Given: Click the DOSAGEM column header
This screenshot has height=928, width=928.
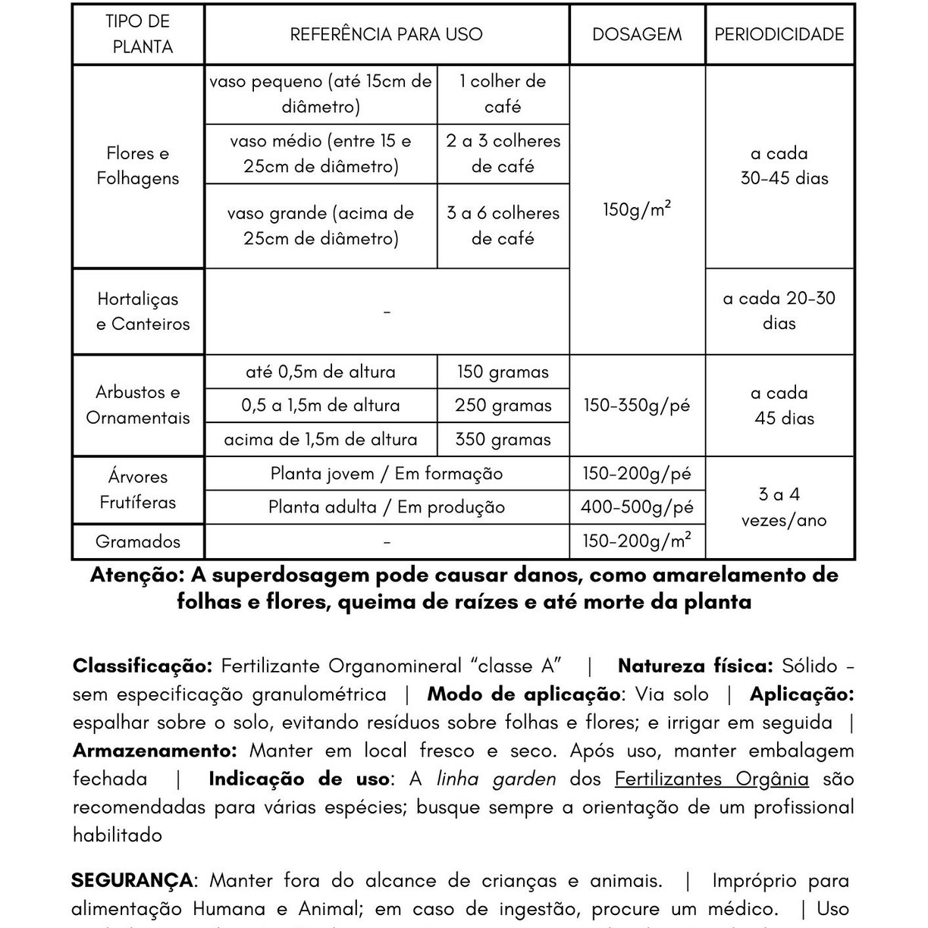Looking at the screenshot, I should coord(637,34).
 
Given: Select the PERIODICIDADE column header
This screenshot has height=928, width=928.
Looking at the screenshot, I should coord(779,34).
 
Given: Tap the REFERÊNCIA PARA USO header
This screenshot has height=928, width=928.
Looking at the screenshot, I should coord(386,34).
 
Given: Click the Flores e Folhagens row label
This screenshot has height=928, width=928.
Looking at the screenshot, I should coord(138,166).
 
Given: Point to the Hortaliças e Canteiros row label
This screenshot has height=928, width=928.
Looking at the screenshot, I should coord(143,312).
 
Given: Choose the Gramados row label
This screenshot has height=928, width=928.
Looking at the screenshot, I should coord(138,542).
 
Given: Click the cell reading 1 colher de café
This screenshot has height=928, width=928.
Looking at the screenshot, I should coord(503,94).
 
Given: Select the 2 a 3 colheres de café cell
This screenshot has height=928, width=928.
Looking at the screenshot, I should coord(503,154).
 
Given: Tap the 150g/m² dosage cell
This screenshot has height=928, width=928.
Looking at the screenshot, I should coord(637,210).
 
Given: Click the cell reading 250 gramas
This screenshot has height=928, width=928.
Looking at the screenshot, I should coord(503,406).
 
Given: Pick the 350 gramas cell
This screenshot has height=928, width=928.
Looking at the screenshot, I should coord(503,440).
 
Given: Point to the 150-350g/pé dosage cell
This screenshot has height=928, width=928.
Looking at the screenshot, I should coord(637,406).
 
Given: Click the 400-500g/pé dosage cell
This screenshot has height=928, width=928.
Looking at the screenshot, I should coord(637,507).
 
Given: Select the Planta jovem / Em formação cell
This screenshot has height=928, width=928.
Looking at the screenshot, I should coord(386,474).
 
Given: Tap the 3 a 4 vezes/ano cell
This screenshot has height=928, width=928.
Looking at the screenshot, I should coord(783,507).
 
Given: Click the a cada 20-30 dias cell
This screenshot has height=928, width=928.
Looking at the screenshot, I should coord(779,311).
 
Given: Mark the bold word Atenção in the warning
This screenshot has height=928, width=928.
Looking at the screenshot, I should coord(136,575).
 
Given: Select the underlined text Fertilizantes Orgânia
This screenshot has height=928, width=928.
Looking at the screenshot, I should coord(711,779).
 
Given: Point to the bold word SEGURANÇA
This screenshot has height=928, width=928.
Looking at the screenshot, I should coord(132,881).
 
